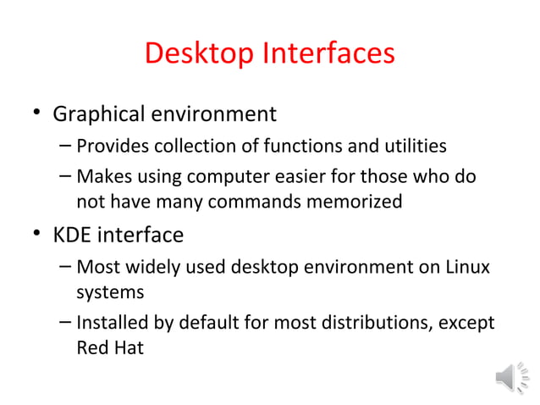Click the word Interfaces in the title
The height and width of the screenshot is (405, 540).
(x=329, y=54)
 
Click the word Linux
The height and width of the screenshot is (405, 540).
(x=467, y=268)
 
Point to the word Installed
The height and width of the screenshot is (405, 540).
(x=113, y=324)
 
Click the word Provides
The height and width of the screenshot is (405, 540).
(x=111, y=147)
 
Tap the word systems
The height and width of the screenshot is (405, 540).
(x=108, y=292)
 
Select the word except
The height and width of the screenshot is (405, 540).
(x=469, y=324)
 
